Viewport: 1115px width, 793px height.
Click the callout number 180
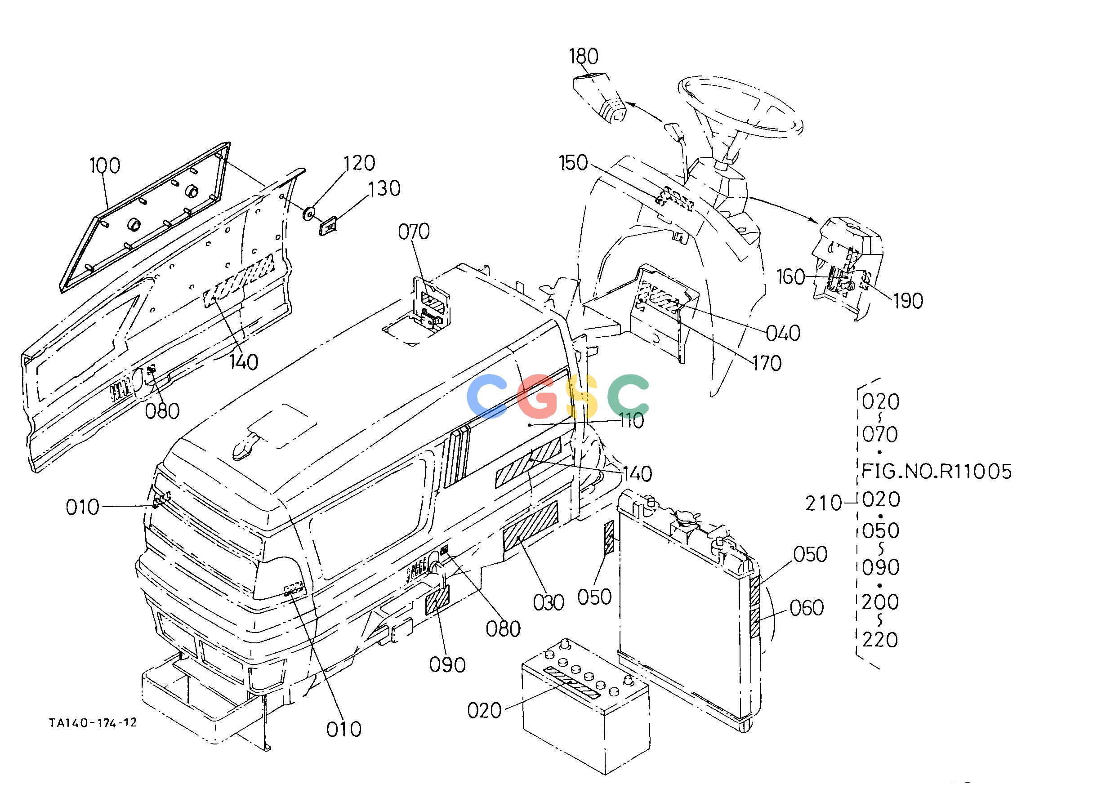[x=584, y=57]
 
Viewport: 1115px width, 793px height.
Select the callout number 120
[x=359, y=163]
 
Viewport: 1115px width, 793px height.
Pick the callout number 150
[x=573, y=163]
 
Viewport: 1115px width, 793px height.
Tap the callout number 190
[x=908, y=301]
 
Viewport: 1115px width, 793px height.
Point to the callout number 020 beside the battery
[x=485, y=710]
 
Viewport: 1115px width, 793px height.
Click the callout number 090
[x=447, y=664]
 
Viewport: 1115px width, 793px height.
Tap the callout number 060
[x=806, y=608]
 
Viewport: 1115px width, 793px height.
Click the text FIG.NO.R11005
[x=936, y=472]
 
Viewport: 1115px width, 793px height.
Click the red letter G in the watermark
[x=537, y=396]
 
